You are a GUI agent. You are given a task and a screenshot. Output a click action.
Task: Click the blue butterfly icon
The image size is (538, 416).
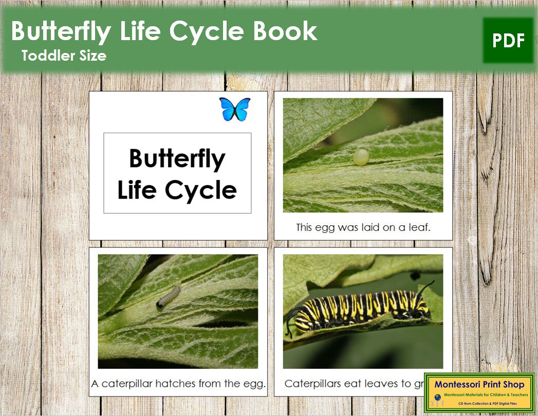click(235, 109)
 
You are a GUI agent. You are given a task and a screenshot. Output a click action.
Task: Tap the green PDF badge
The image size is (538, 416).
click(508, 41)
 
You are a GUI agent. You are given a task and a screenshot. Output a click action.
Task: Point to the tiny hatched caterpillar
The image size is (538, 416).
click(168, 297)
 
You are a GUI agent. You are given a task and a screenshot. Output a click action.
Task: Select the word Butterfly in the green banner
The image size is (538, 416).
click(60, 31)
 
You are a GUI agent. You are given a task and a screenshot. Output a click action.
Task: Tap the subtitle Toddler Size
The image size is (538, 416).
click(64, 56)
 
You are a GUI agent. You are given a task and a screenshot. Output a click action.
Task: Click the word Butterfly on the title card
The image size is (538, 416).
click(177, 158)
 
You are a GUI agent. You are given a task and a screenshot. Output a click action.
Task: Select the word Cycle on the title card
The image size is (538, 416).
click(201, 190)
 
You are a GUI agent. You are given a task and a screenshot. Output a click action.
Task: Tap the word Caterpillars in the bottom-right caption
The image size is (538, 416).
click(315, 384)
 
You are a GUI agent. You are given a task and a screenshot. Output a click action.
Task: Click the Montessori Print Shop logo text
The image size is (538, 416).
click(479, 384)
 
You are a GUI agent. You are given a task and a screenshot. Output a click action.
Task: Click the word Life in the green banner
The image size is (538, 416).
click(138, 31)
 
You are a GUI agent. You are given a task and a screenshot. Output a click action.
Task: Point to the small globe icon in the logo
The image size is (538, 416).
click(438, 397)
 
